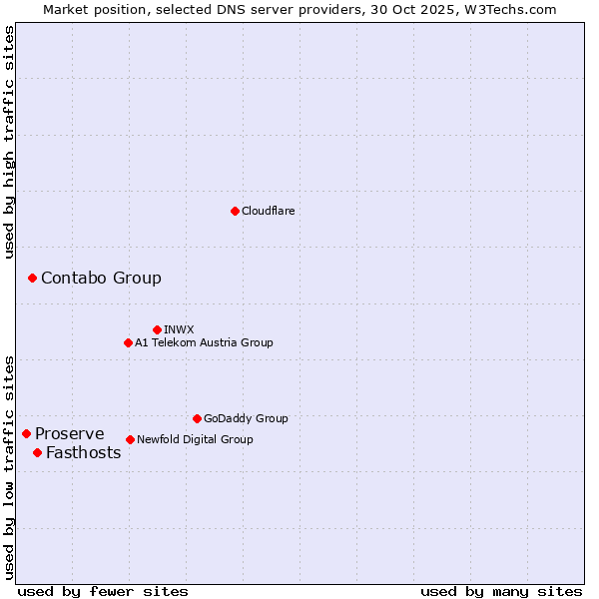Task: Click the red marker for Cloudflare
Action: pyautogui.click(x=235, y=211)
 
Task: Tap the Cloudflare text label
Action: pyautogui.click(x=269, y=211)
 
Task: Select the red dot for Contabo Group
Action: pyautogui.click(x=32, y=278)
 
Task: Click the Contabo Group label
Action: pyautogui.click(x=101, y=278)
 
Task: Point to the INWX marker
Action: pyautogui.click(x=157, y=329)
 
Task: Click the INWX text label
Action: pyautogui.click(x=180, y=329)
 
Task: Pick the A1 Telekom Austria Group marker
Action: pyautogui.click(x=128, y=342)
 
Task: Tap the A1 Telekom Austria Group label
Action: pyautogui.click(x=204, y=342)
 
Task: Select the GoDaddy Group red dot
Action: pyautogui.click(x=197, y=418)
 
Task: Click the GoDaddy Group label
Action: pyautogui.click(x=246, y=418)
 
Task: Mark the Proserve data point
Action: pyautogui.click(x=26, y=433)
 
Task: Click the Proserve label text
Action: pyautogui.click(x=70, y=433)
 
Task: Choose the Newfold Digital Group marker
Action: pyautogui.click(x=130, y=439)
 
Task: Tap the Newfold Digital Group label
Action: pyautogui.click(x=195, y=439)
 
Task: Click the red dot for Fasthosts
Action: pyautogui.click(x=37, y=452)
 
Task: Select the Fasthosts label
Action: pyautogui.click(x=84, y=452)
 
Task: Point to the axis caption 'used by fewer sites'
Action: pyautogui.click(x=103, y=591)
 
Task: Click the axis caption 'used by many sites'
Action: pyautogui.click(x=501, y=591)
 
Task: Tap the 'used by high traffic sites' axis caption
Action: pyautogui.click(x=9, y=142)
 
